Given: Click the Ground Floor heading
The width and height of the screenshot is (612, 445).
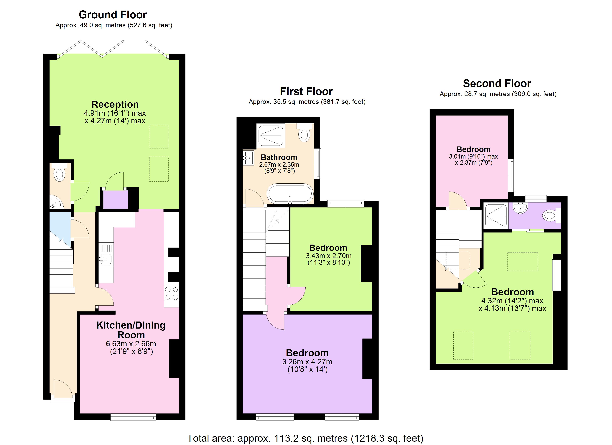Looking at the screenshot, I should (113, 15).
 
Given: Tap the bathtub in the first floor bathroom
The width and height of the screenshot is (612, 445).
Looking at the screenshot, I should (290, 194).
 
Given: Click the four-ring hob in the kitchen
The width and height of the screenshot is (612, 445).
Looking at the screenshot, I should (172, 294).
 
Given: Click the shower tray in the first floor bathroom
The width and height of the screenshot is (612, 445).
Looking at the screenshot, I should (271, 136).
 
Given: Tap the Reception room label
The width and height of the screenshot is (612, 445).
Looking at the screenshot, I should (115, 104).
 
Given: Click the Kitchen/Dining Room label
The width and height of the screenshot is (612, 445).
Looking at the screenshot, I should (131, 330).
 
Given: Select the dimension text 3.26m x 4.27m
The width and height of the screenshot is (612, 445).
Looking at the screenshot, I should (307, 362).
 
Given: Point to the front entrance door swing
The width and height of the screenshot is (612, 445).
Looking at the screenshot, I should (63, 389).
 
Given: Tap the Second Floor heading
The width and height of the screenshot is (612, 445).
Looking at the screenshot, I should (497, 83).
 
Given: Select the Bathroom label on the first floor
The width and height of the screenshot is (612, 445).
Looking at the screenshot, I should (279, 157).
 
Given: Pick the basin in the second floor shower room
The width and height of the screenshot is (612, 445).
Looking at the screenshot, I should (520, 208).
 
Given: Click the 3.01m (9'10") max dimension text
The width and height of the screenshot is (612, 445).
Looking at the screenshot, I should (473, 156).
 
